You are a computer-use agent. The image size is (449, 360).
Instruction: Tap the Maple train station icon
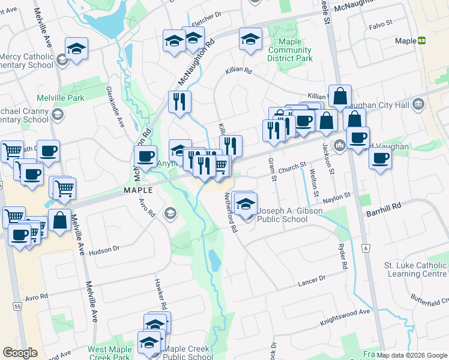pos(422,41)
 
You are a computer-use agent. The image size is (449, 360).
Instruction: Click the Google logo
pos(20,353)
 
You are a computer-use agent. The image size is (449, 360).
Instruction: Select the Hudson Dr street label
pos(104,250)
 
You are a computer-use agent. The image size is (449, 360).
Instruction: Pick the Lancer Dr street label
pos(311,279)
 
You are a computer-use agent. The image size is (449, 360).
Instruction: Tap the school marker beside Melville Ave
pos(77,49)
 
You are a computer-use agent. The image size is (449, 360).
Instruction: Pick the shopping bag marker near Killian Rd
pos(340,96)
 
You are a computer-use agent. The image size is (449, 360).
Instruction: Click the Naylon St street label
pos(338,197)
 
